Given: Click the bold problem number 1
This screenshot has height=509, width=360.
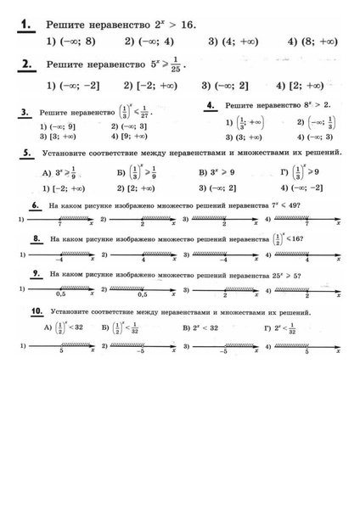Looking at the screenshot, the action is pyautogui.click(x=26, y=25).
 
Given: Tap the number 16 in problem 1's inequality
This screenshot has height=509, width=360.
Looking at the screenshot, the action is pyautogui.click(x=184, y=25).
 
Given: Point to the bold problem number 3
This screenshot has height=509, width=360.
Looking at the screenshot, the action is pyautogui.click(x=25, y=111).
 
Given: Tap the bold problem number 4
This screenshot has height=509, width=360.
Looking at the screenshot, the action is pyautogui.click(x=211, y=105).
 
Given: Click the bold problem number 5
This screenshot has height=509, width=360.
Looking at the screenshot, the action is pyautogui.click(x=27, y=153).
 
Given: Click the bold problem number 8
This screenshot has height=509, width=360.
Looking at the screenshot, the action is pyautogui.click(x=36, y=240).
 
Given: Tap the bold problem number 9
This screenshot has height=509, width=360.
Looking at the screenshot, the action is pyautogui.click(x=36, y=274).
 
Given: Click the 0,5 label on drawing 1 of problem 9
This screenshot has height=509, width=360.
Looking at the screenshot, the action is pyautogui.click(x=60, y=295).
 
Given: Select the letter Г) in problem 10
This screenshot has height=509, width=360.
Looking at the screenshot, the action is pyautogui.click(x=267, y=327).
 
